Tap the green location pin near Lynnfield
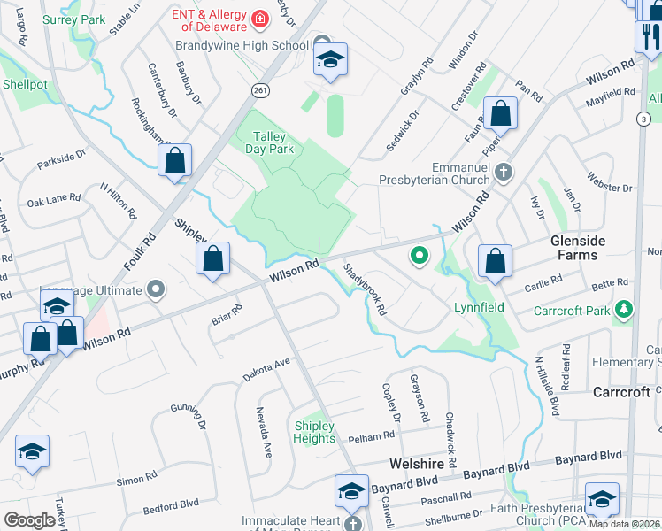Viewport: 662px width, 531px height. [420, 257]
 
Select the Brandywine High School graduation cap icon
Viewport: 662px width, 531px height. [331, 60]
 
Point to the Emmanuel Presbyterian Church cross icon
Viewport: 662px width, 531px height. [504, 171]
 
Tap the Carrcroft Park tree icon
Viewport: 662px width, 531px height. [625, 310]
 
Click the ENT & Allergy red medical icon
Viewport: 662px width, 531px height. [260, 18]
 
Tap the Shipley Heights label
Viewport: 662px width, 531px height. [314, 432]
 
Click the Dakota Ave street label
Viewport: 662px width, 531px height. [267, 369]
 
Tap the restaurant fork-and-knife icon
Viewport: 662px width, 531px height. [648, 36]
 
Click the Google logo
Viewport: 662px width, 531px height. [29, 520]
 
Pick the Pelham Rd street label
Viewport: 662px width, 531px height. [371, 436]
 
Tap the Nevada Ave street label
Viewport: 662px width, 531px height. [264, 432]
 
